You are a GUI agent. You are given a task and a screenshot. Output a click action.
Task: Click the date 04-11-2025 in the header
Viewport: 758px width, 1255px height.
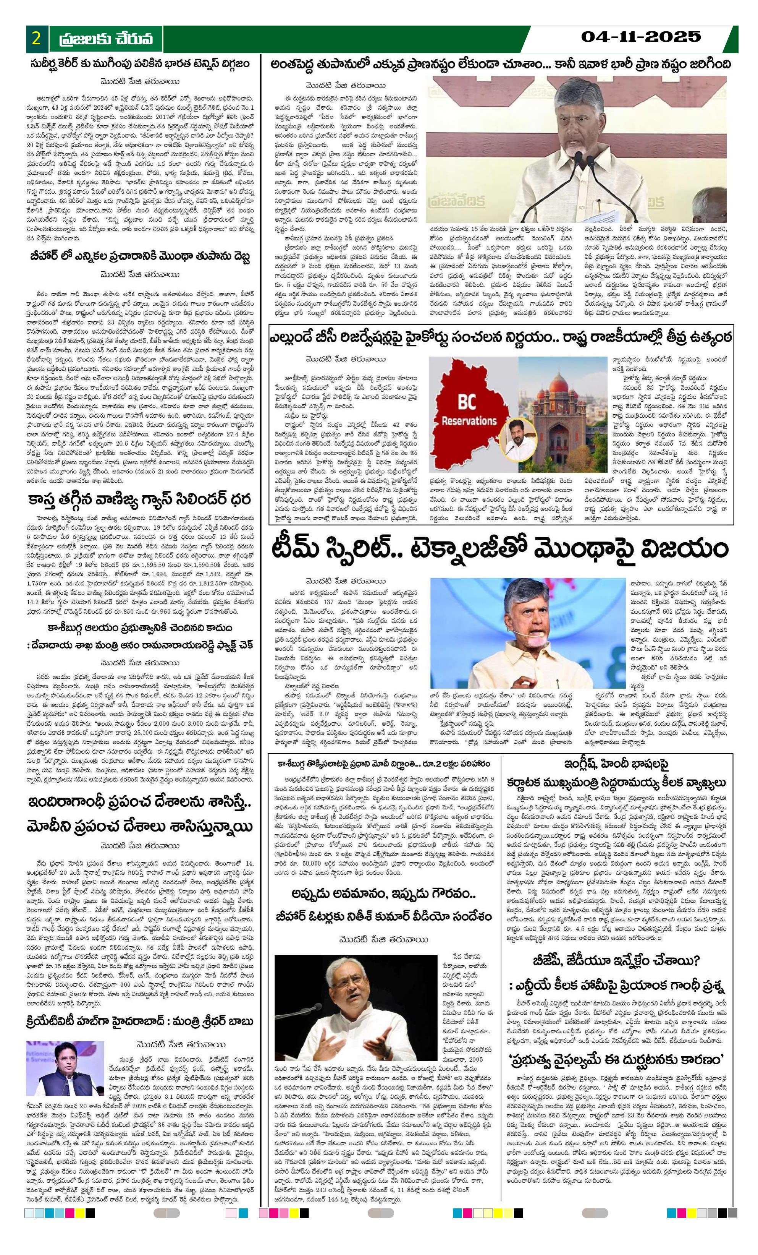[641, 37]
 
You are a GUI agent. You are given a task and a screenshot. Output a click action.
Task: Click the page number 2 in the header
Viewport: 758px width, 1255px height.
[36, 39]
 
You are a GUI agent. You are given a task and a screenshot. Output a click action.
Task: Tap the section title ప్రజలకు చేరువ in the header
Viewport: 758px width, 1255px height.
[105, 39]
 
